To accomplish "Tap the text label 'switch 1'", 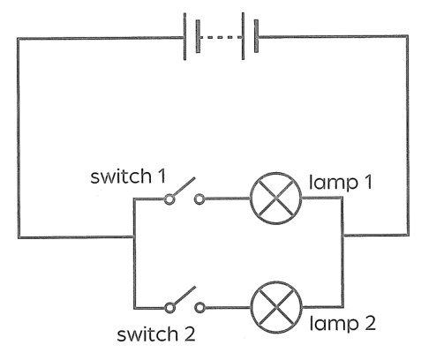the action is click(x=128, y=176).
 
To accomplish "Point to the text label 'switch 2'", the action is click(x=156, y=334).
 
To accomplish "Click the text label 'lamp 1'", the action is click(x=341, y=182).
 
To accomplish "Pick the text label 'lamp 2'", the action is click(x=342, y=323).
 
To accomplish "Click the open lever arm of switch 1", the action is click(x=184, y=186).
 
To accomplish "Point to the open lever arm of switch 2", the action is click(x=184, y=296).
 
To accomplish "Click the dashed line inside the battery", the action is click(x=221, y=37).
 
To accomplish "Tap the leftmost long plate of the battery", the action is click(x=184, y=36).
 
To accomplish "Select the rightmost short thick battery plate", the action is click(x=256, y=36).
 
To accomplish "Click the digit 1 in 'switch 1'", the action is click(x=162, y=176).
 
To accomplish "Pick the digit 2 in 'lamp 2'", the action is click(x=370, y=323).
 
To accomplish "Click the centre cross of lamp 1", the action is click(x=275, y=199).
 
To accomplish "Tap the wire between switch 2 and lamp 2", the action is click(x=228, y=308).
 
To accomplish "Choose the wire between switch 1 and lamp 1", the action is click(x=227, y=199).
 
